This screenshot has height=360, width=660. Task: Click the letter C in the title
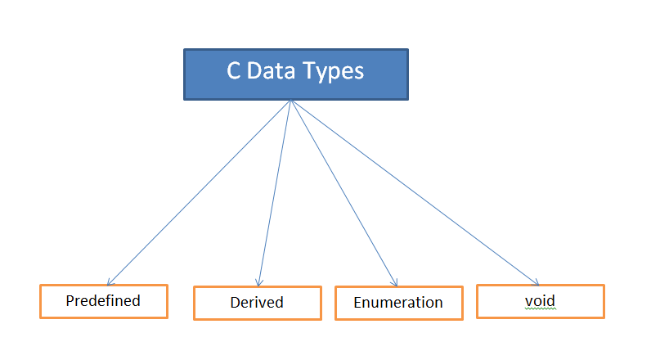coord(234,71)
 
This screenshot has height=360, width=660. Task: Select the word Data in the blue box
coord(275,71)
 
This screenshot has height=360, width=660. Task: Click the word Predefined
coord(103,300)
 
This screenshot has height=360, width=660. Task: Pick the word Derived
coord(256,302)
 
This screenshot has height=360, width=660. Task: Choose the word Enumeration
coord(398,302)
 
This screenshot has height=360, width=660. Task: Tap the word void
coord(540,300)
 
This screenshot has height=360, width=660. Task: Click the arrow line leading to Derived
coord(276,192)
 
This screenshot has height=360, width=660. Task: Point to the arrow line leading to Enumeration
coord(343,192)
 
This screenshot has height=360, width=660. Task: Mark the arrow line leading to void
coord(413,192)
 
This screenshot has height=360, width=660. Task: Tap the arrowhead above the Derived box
coord(259,283)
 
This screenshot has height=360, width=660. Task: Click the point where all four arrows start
coord(291,101)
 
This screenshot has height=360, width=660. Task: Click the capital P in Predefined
coord(70,300)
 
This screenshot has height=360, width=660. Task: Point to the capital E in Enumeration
coord(357,302)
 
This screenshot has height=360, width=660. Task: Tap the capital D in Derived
coord(234,302)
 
